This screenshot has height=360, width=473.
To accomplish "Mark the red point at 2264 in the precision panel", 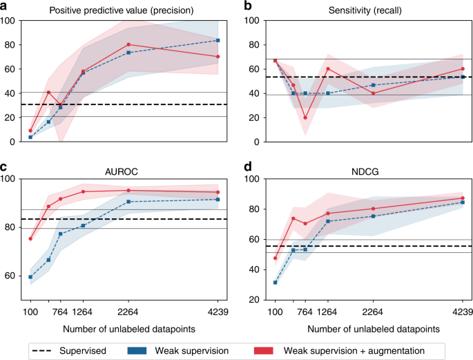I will pos(128,45).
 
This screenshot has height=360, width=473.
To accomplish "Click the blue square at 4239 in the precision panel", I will pos(218,40).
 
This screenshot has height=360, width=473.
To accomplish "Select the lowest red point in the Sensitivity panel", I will pos(305,117).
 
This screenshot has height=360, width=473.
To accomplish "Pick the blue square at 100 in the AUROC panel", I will pos(30,276).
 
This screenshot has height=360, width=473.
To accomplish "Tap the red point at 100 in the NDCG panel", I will pos(276,258).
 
